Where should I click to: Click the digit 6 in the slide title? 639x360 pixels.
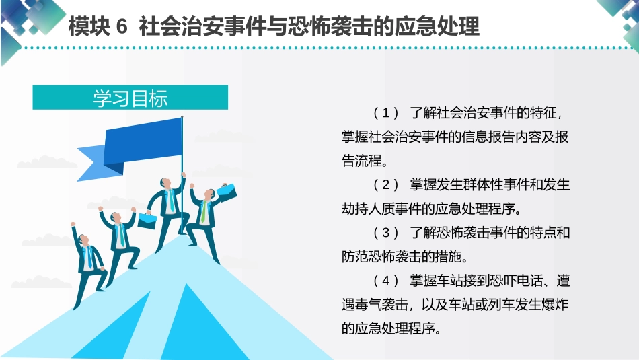pyautogui.click(x=122, y=28)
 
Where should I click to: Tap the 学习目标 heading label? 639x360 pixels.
pyautogui.click(x=130, y=98)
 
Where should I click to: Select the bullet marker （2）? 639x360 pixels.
pyautogui.click(x=386, y=184)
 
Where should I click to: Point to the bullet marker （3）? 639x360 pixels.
pyautogui.click(x=386, y=233)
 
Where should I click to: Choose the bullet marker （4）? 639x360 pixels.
pyautogui.click(x=386, y=281)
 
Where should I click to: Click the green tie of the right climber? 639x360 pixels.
pyautogui.click(x=203, y=212)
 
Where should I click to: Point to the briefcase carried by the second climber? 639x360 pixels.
pyautogui.click(x=149, y=219)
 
